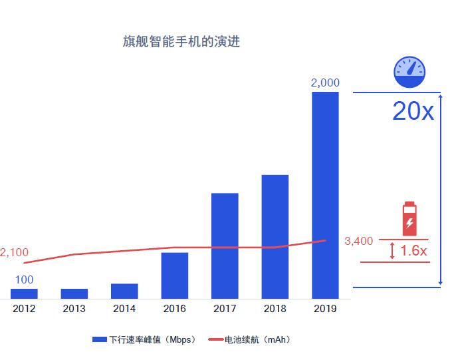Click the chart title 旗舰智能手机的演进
pyautogui.click(x=181, y=42)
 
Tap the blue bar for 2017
pyautogui.click(x=225, y=246)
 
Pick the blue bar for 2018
pyautogui.click(x=275, y=236)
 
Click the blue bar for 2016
pyautogui.click(x=174, y=275)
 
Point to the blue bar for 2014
pyautogui.click(x=124, y=291)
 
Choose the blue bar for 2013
pyautogui.click(x=74, y=293)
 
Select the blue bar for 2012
pyautogui.click(x=24, y=293)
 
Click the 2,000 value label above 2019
pyautogui.click(x=325, y=83)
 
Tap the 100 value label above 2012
pyautogui.click(x=24, y=280)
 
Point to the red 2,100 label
pyautogui.click(x=14, y=253)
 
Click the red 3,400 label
pyautogui.click(x=359, y=241)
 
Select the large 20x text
pyautogui.click(x=413, y=112)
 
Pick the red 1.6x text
pyautogui.click(x=413, y=251)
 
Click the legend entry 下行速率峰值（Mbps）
pyautogui.click(x=144, y=340)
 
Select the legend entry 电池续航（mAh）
pyautogui.click(x=249, y=340)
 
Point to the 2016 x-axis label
pyautogui.click(x=174, y=309)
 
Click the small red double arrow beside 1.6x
pyautogui.click(x=392, y=251)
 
